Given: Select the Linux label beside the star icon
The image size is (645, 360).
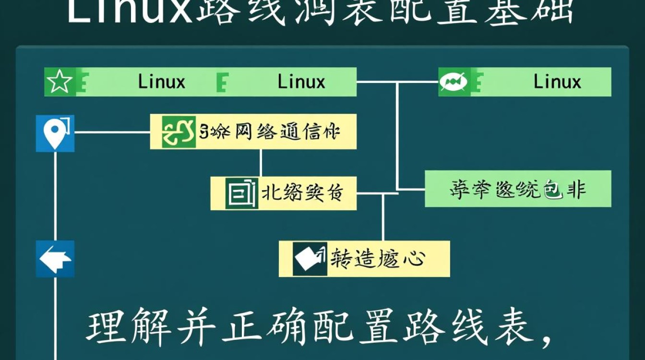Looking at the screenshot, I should [x=161, y=82].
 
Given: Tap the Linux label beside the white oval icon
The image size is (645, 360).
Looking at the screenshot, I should [x=557, y=82].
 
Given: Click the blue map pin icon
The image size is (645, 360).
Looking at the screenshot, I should [x=55, y=133].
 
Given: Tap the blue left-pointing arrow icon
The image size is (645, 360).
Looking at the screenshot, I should [x=55, y=259].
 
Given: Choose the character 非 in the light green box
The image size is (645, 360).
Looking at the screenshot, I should [x=575, y=189].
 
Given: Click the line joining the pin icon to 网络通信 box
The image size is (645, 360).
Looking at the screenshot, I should [x=112, y=132].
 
